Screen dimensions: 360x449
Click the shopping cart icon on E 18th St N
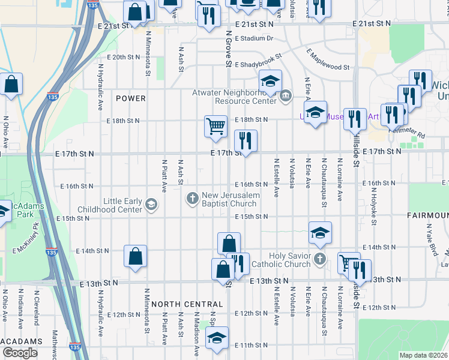(215, 126)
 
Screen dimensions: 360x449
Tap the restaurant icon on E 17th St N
(246, 140)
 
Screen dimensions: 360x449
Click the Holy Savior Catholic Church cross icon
(320, 259)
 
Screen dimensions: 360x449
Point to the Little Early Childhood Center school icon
(150, 206)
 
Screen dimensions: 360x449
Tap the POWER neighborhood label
(131, 98)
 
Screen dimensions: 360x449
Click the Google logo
(20, 353)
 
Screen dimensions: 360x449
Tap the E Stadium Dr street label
(254, 38)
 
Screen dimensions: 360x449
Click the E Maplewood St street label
(327, 60)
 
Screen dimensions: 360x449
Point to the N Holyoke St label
(373, 207)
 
